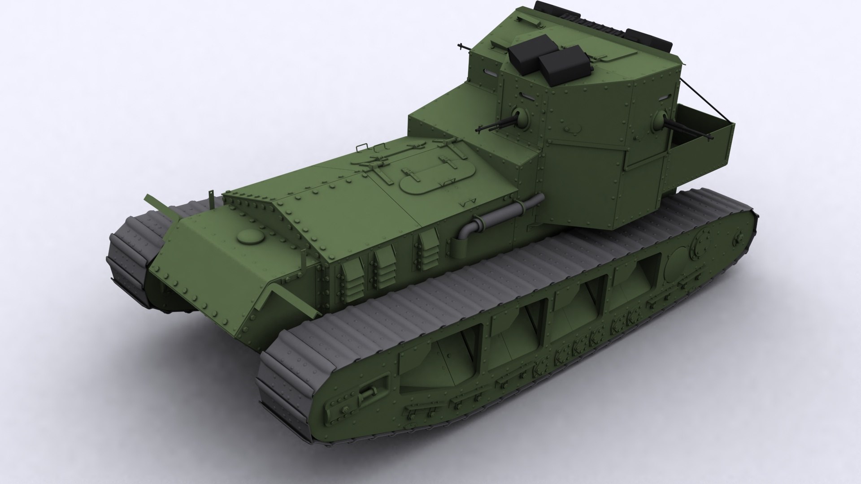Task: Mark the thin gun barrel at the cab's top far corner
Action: tap(462, 46)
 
